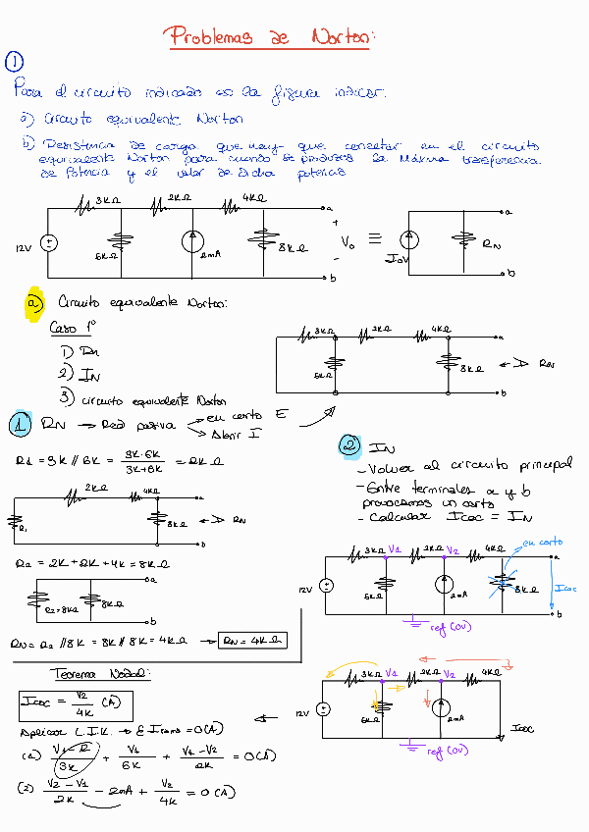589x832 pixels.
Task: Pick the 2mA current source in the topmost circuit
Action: point(193,245)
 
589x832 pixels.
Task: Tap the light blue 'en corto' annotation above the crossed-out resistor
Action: point(543,542)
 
